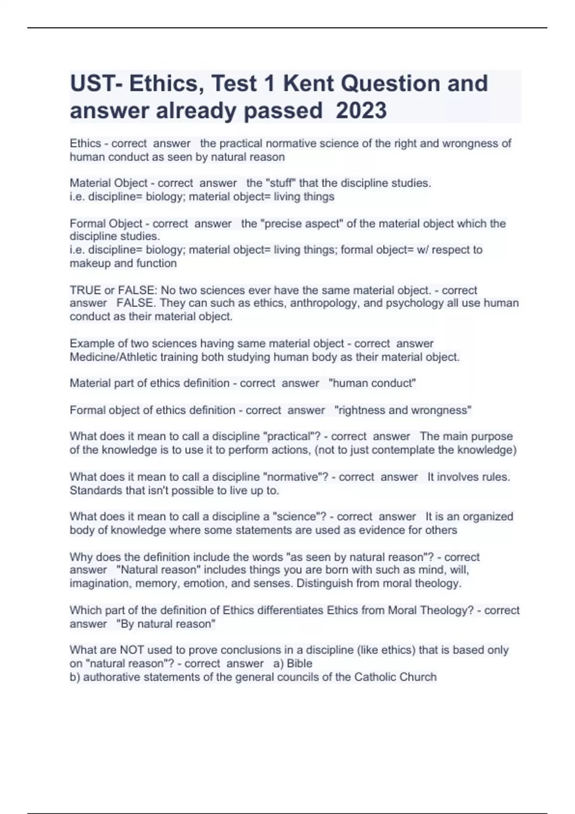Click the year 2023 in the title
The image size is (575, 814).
pyautogui.click(x=361, y=111)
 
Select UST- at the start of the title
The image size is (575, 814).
pyautogui.click(x=96, y=83)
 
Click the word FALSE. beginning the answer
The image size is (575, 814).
pyautogui.click(x=136, y=303)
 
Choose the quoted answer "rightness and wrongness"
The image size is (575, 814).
pyautogui.click(x=402, y=410)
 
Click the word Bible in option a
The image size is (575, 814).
pyautogui.click(x=299, y=664)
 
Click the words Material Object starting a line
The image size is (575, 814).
pyautogui.click(x=109, y=183)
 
